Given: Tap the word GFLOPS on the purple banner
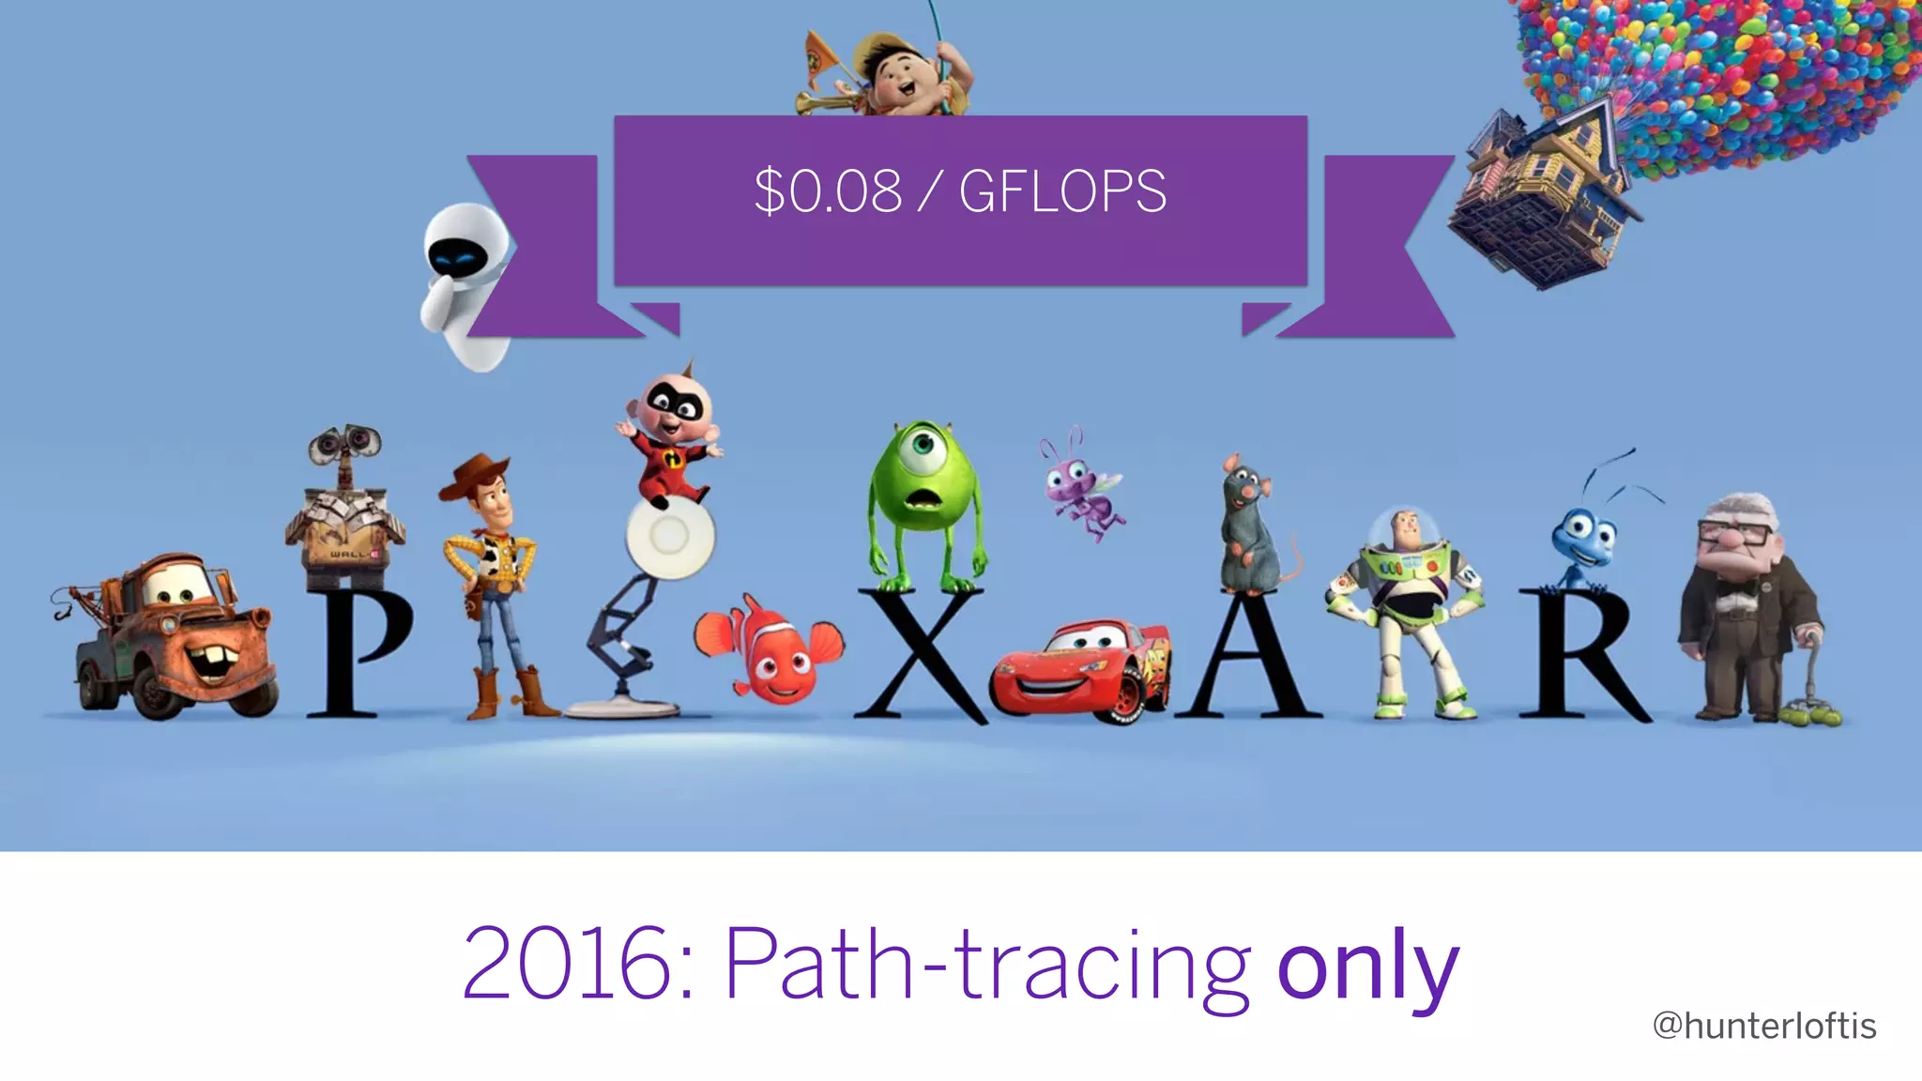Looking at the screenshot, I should point(1062,191).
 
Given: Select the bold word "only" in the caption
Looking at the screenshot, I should point(1367,967).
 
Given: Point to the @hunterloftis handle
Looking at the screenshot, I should point(1763,1026).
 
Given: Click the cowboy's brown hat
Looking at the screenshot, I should point(477,474).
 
